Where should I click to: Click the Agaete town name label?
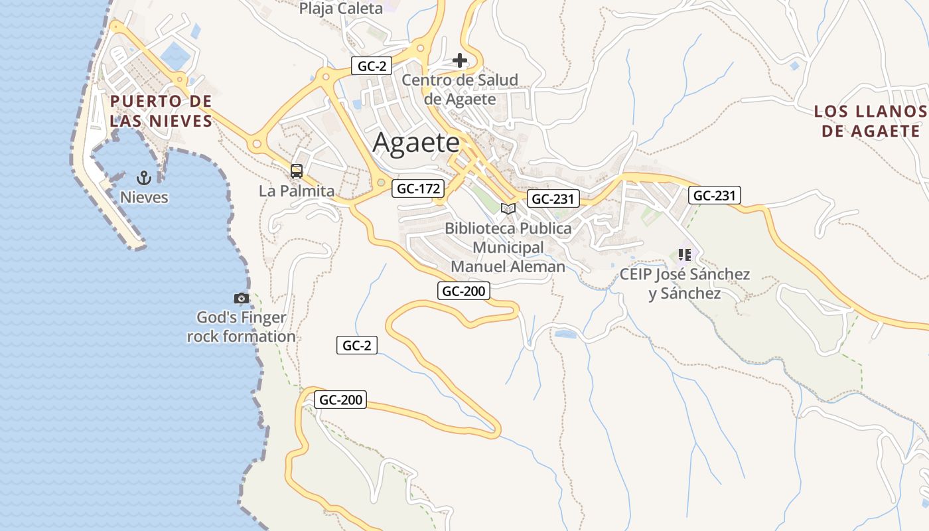(x=416, y=143)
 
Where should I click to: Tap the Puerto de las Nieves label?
(x=161, y=111)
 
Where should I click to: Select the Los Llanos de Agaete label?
(x=870, y=121)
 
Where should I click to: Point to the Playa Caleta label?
(x=341, y=9)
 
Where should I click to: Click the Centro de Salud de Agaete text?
(x=460, y=90)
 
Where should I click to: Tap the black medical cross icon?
(x=460, y=61)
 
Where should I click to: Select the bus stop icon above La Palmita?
(x=297, y=171)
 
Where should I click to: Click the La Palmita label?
(x=297, y=191)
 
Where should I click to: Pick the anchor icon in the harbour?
(x=144, y=178)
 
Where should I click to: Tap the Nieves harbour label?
(x=144, y=197)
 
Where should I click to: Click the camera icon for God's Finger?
(x=242, y=299)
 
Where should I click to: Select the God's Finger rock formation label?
(x=242, y=327)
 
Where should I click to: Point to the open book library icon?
(x=508, y=209)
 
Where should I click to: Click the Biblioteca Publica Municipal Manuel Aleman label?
(x=508, y=247)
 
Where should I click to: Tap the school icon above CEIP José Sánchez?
(x=685, y=255)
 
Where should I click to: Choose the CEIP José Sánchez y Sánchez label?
(x=685, y=283)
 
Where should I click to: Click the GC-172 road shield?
(x=418, y=189)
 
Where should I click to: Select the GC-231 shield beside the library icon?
(x=553, y=198)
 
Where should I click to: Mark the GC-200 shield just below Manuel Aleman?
(x=464, y=291)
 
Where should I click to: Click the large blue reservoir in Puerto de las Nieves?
(x=174, y=55)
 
